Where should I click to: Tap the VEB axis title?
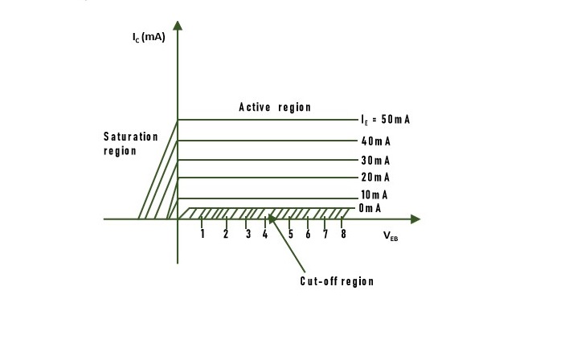(390, 237)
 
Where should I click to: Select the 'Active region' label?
(274, 108)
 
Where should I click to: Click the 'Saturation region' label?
(130, 144)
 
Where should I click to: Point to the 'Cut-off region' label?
(337, 281)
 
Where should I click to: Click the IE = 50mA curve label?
(386, 120)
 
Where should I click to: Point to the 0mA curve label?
(370, 208)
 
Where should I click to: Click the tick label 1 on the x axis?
(203, 235)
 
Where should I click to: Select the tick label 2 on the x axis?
(226, 235)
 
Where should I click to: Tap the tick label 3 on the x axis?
(248, 235)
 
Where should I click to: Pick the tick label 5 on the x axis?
(290, 235)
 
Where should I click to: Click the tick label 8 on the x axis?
(343, 235)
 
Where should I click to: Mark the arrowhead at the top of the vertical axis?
(178, 25)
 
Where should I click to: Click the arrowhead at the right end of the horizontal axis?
(415, 219)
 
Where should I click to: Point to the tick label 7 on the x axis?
(325, 235)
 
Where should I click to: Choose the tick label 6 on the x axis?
(308, 235)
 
